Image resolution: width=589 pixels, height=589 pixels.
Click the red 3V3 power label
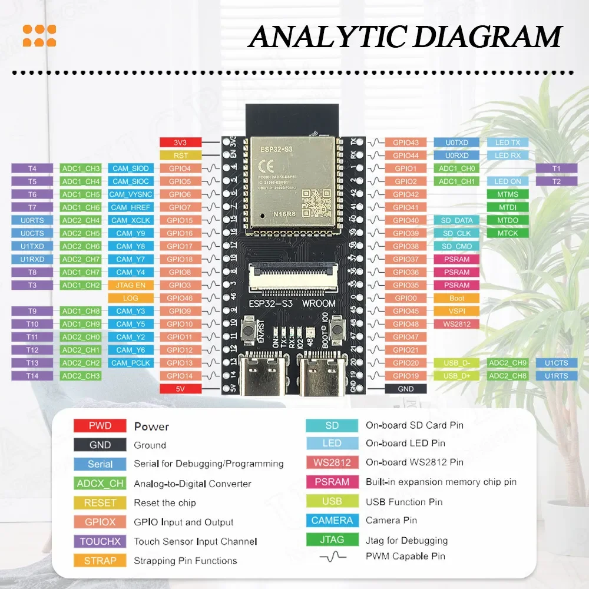(181, 143)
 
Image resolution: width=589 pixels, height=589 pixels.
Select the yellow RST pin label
(181, 155)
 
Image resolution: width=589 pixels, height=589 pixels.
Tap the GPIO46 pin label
(180, 298)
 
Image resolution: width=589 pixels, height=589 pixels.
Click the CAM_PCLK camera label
(131, 363)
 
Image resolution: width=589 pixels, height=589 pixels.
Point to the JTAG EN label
(131, 285)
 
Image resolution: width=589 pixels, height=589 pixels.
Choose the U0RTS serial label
(32, 220)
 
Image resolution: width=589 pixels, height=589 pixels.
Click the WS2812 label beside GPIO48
(456, 324)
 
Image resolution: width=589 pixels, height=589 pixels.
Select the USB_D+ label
(456, 376)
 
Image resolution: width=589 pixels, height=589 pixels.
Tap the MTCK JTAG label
(508, 233)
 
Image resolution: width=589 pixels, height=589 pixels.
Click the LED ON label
(508, 181)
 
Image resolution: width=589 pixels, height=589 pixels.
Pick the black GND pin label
(406, 389)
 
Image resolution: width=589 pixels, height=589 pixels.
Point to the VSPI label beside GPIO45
(456, 311)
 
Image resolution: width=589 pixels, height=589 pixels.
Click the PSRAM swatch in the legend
(332, 482)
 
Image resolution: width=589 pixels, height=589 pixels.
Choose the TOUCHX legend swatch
(100, 541)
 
